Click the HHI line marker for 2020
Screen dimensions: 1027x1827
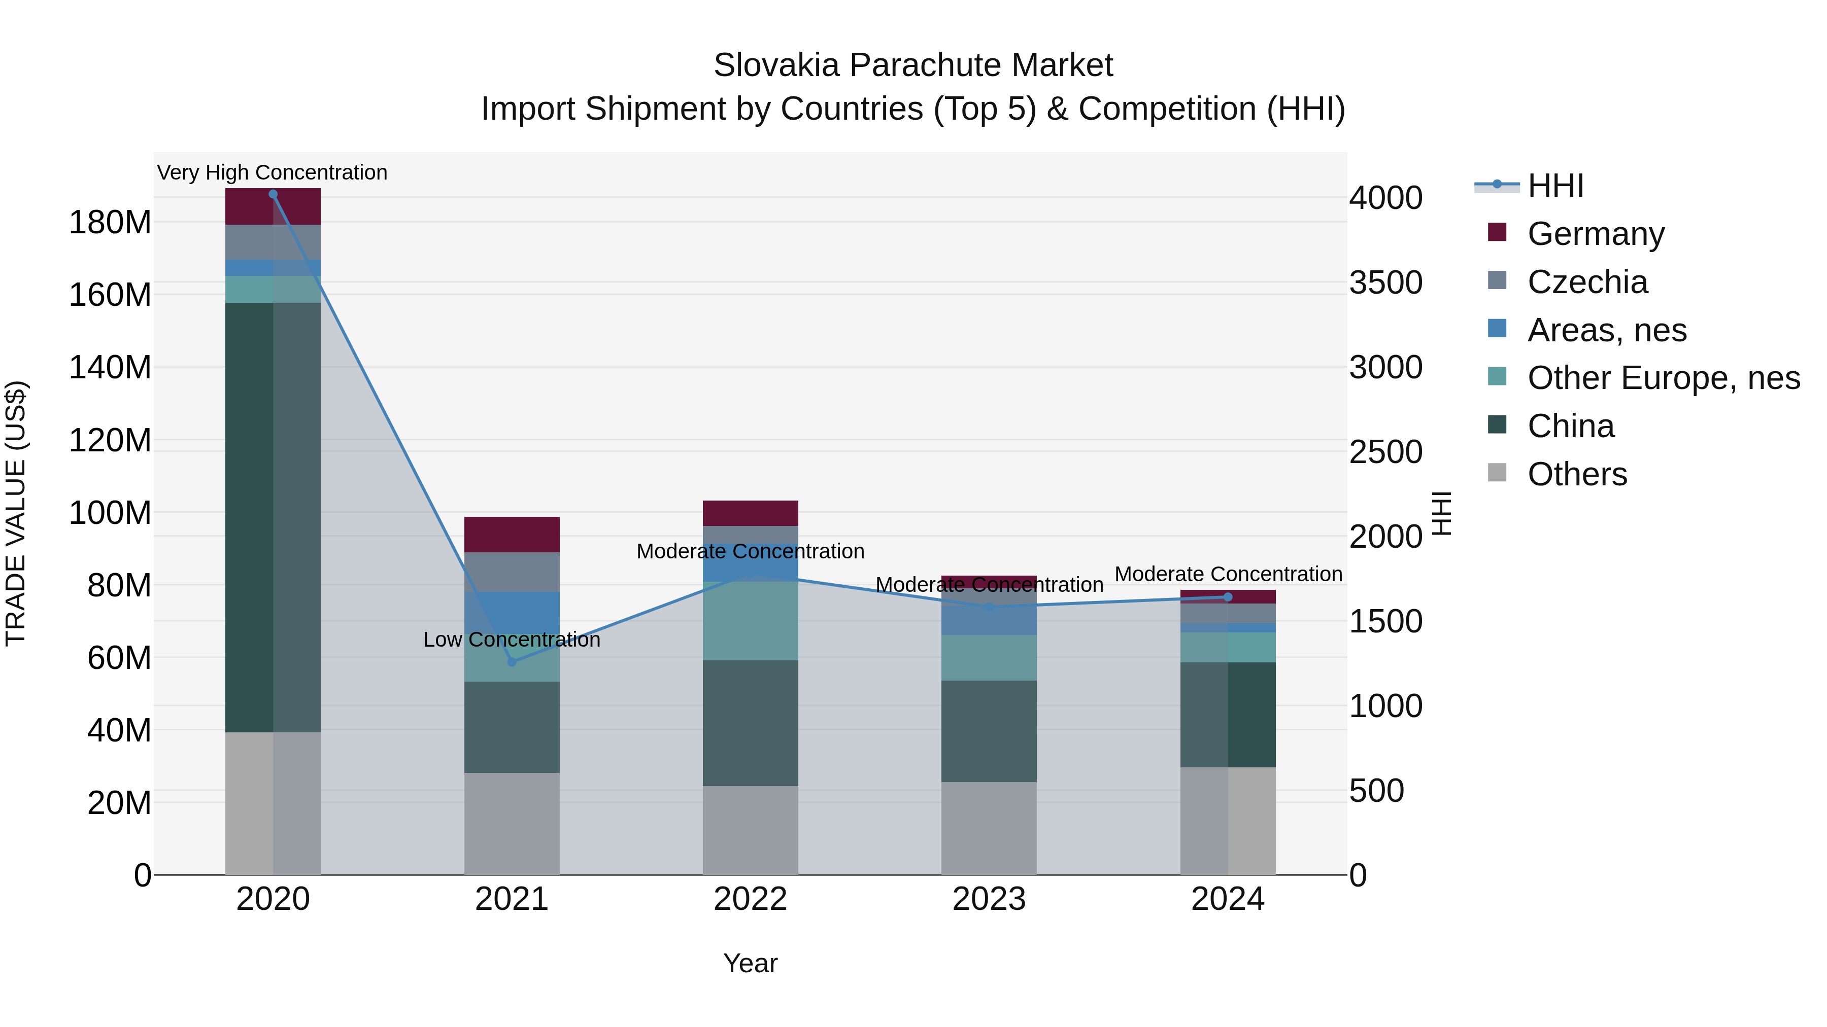273,194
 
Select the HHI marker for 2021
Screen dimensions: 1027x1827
512,662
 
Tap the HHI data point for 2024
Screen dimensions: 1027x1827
1228,597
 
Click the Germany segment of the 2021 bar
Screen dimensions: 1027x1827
512,535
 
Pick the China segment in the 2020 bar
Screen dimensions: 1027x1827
273,517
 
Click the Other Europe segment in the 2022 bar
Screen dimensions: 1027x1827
751,621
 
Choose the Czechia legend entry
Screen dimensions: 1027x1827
1587,282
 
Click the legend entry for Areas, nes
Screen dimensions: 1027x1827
1606,330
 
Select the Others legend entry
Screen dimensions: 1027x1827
1577,474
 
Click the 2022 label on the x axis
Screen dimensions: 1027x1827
751,899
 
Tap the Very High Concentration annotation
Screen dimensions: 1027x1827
273,172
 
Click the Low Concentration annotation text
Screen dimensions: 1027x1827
512,640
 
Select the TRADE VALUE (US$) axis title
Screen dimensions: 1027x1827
16,513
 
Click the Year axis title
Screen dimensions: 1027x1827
751,963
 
